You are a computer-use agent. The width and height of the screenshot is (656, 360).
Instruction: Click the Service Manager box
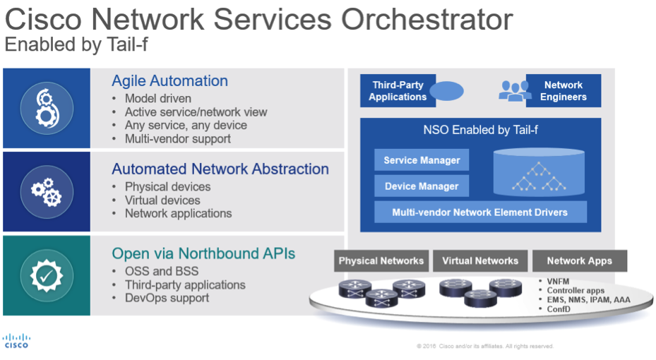point(422,160)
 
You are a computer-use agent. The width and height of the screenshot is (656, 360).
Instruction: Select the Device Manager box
point(422,186)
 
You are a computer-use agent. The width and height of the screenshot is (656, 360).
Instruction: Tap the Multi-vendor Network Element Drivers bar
point(480,212)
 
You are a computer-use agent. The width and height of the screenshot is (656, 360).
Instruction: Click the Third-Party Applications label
point(398,91)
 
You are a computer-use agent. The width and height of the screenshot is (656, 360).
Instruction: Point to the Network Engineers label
point(563,91)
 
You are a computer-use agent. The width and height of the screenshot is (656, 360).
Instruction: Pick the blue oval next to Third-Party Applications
point(446,91)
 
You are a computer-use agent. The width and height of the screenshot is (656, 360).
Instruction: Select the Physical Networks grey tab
point(381,261)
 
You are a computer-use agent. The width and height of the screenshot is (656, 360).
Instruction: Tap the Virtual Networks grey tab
point(480,261)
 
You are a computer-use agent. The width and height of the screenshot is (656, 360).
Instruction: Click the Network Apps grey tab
point(580,261)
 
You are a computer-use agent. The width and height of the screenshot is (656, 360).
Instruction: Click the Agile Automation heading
point(170,80)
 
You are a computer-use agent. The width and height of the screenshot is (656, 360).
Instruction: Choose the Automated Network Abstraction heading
point(220,169)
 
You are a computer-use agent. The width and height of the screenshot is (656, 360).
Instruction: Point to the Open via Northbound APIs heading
point(203,253)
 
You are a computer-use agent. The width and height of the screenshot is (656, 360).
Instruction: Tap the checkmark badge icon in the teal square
point(47,275)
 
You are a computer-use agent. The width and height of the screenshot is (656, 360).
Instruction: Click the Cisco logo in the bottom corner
point(17,341)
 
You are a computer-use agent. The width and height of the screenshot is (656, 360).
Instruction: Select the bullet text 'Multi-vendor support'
point(178,139)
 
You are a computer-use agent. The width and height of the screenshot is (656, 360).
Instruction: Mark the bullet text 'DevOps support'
point(167,298)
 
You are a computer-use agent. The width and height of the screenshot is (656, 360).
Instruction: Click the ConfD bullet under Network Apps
point(559,309)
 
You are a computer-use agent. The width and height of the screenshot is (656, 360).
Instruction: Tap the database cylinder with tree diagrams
point(539,172)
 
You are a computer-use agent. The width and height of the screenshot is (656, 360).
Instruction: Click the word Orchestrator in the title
point(427,19)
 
